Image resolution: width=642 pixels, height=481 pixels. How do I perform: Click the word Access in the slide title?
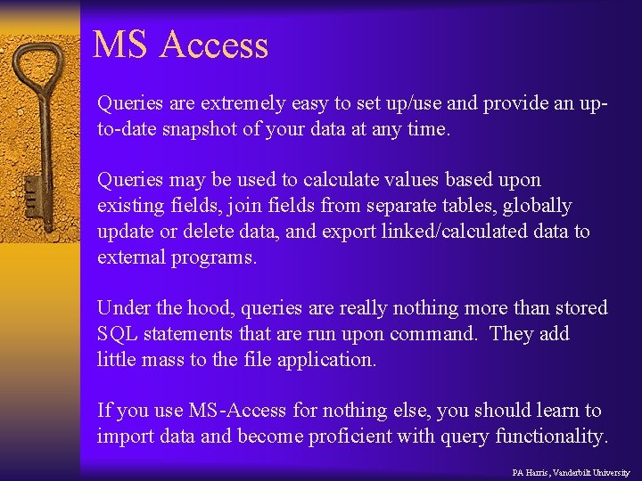214,45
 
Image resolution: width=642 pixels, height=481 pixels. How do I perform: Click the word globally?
537,207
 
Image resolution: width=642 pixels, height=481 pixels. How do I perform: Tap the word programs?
213,258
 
